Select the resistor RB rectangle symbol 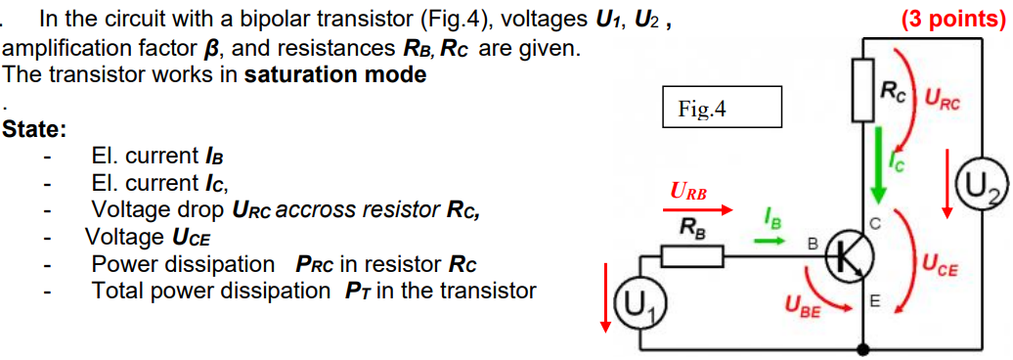(x=692, y=257)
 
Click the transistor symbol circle (x=848, y=257)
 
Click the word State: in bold (x=35, y=128)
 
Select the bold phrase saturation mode (x=334, y=74)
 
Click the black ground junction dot (x=862, y=347)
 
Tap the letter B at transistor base (x=811, y=242)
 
